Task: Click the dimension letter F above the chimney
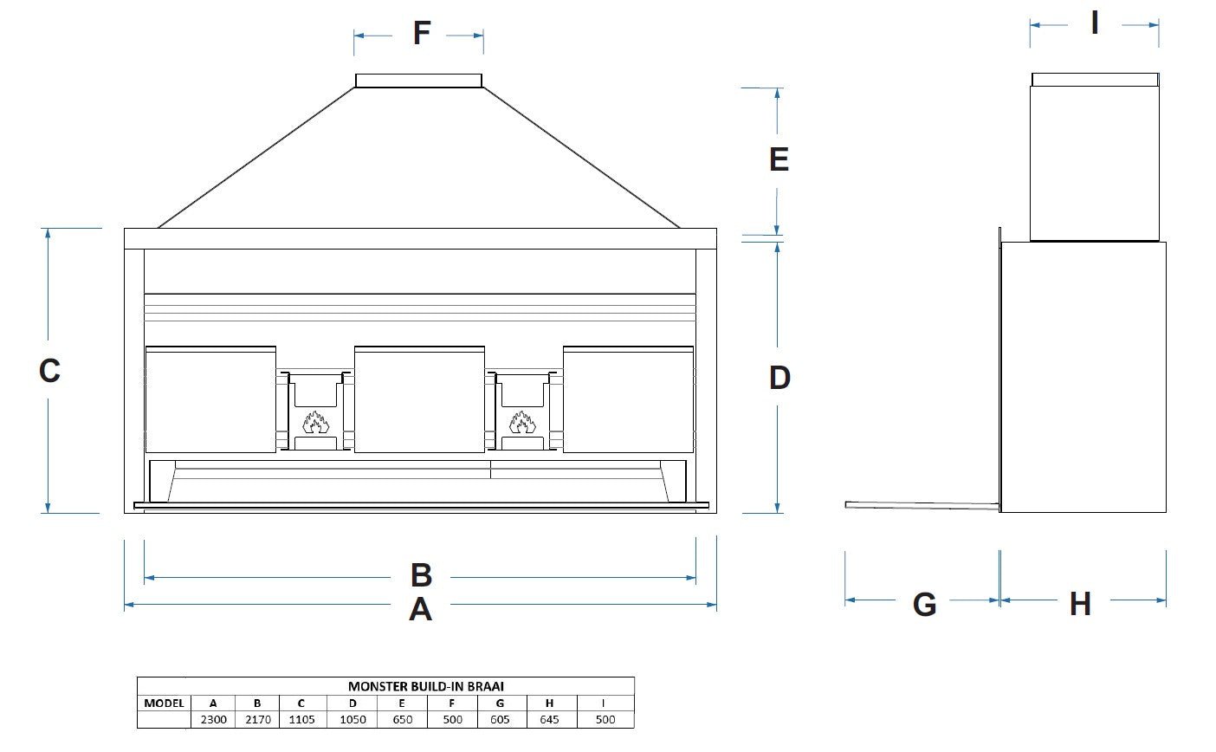(421, 34)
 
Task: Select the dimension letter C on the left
(49, 371)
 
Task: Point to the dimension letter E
(779, 160)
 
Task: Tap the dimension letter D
(779, 378)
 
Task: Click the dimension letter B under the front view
(421, 575)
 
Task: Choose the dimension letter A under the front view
(420, 610)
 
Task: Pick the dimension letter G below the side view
(924, 604)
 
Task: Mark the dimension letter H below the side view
(1079, 604)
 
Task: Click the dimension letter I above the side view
(1095, 23)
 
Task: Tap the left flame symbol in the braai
(314, 422)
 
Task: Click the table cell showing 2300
(213, 719)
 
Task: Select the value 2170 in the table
(257, 719)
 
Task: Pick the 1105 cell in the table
(302, 719)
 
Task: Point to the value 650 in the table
(403, 719)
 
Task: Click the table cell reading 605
(500, 719)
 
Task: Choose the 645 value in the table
(549, 719)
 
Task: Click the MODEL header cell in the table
(164, 703)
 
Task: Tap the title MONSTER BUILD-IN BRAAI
(426, 686)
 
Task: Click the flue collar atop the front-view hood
(418, 81)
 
